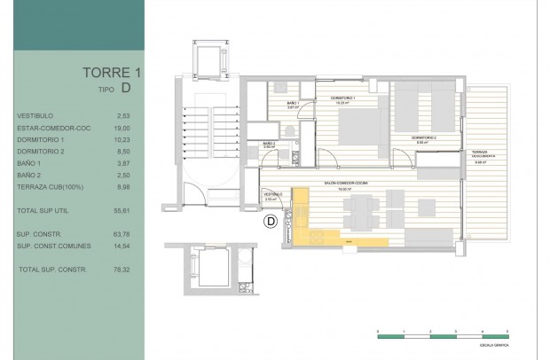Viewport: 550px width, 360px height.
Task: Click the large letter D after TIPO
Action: [x=127, y=88]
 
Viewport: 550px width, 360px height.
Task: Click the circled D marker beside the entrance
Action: [x=272, y=221]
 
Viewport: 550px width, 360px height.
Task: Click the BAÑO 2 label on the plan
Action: [x=270, y=144]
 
